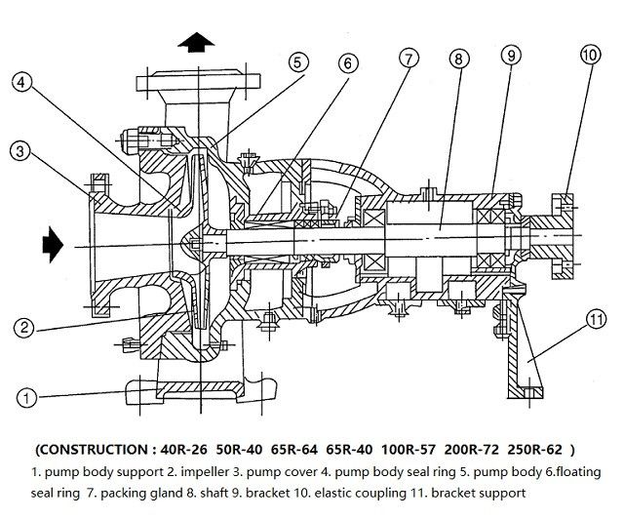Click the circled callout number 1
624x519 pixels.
click(x=27, y=397)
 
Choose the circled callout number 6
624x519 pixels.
click(x=346, y=64)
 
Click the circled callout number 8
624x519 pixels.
click(x=458, y=60)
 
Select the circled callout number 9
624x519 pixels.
click(x=511, y=56)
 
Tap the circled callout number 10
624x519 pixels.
click(x=590, y=55)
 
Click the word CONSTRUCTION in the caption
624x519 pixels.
click(x=97, y=450)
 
